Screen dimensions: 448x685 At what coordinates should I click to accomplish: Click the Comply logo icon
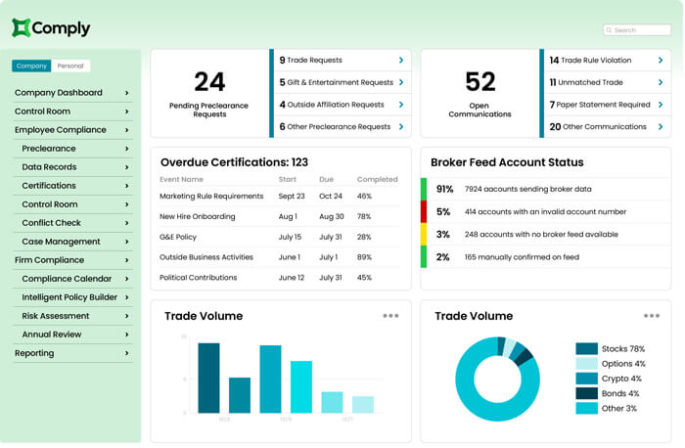point(22,28)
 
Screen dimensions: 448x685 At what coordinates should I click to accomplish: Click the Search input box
point(637,30)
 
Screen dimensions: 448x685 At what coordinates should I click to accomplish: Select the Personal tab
point(70,67)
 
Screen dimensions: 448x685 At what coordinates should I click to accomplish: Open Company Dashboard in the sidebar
point(71,93)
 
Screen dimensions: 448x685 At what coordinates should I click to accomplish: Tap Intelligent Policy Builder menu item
point(69,297)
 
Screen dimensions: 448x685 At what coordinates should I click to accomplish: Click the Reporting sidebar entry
point(71,353)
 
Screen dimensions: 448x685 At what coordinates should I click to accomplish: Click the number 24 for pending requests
point(209,81)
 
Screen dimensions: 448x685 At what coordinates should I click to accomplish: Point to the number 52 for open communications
point(479,81)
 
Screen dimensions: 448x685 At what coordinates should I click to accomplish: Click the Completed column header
point(378,180)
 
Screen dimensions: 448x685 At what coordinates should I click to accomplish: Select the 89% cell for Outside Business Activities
point(365,257)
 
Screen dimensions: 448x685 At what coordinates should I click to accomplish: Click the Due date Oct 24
point(332,196)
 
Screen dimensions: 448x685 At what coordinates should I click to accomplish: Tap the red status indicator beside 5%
point(424,211)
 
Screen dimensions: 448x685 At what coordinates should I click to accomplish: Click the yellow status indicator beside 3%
point(424,234)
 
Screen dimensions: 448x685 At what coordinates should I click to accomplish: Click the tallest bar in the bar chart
point(208,378)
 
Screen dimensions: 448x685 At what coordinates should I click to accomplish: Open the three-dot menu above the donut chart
point(652,316)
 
